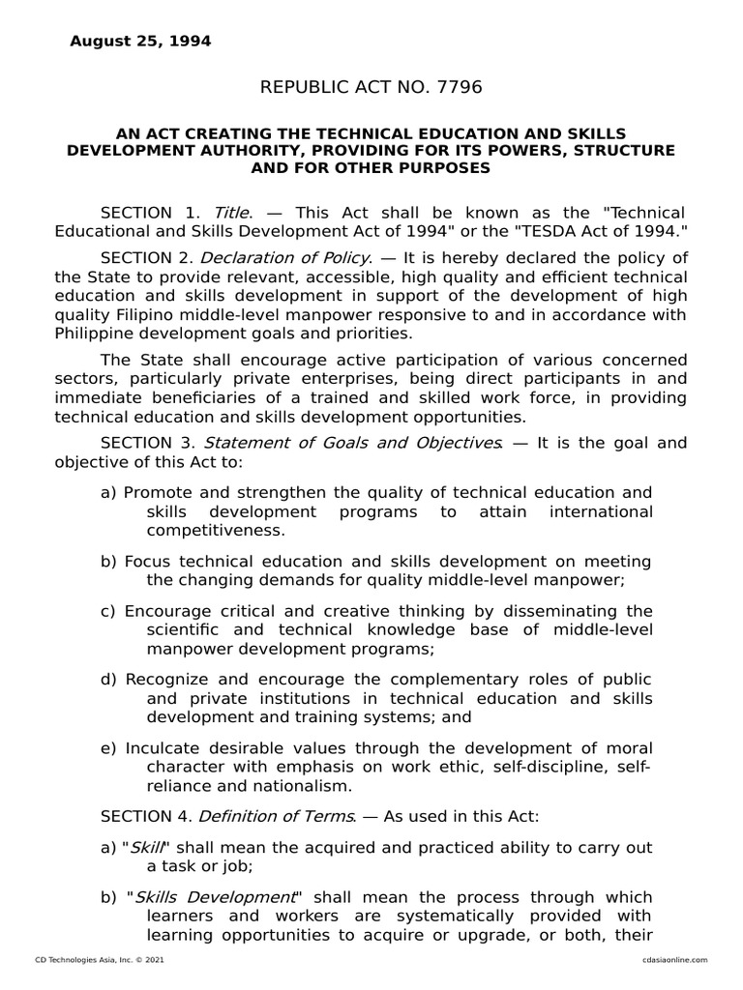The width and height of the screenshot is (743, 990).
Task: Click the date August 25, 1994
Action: [x=140, y=42]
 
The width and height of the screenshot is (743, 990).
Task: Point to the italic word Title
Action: [x=232, y=213]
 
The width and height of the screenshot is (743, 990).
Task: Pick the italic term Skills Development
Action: [x=214, y=897]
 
